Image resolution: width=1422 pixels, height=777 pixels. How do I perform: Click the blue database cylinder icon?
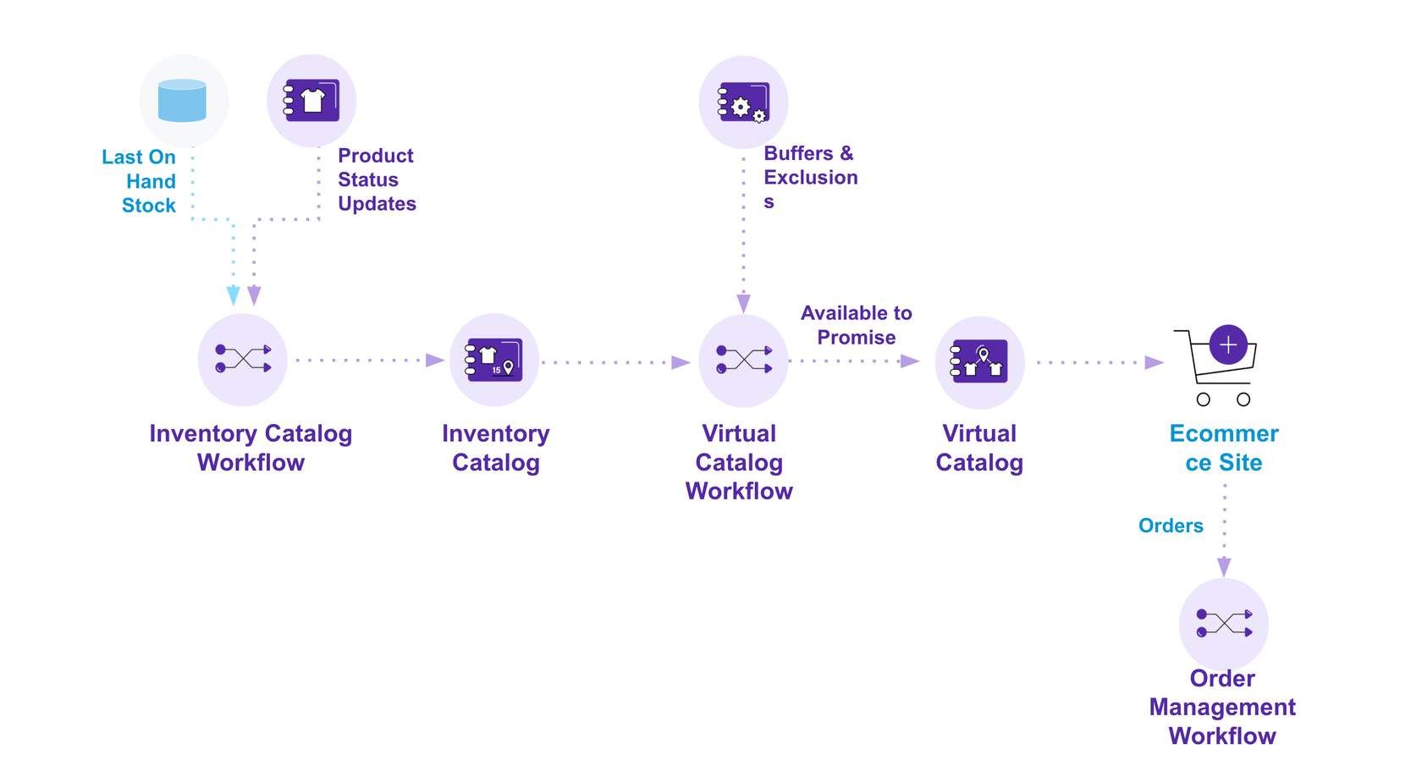(x=182, y=101)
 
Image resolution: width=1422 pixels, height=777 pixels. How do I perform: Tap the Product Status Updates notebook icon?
(x=311, y=101)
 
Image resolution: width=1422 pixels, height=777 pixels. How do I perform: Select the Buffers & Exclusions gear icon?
(x=743, y=103)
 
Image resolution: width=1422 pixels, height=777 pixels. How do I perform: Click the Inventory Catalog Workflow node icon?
(x=242, y=359)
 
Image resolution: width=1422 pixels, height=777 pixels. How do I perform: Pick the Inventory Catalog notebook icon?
(x=494, y=360)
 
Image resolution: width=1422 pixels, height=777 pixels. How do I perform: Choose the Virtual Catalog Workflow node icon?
(x=743, y=360)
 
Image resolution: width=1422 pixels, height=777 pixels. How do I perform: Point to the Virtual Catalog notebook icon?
(x=979, y=361)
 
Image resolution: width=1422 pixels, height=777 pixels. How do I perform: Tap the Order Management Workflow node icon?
(x=1223, y=623)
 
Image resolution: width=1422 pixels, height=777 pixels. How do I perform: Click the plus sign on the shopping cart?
(x=1228, y=344)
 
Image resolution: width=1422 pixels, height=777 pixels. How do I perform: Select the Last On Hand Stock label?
(x=140, y=181)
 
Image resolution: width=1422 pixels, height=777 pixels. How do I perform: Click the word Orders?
(x=1171, y=526)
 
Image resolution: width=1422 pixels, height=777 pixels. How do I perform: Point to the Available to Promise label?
(x=856, y=325)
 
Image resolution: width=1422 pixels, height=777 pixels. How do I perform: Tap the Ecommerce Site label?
(x=1223, y=448)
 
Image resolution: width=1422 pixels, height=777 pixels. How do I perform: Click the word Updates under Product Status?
(x=377, y=204)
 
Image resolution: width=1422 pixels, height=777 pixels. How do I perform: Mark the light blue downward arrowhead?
(x=234, y=295)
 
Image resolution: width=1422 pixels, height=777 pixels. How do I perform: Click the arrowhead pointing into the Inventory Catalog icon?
(x=435, y=361)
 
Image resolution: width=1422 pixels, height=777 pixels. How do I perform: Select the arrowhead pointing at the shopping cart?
(x=1154, y=362)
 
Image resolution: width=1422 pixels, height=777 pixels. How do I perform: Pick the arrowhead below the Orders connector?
(x=1224, y=566)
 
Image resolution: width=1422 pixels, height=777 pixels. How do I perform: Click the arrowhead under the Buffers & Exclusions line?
(x=743, y=303)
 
